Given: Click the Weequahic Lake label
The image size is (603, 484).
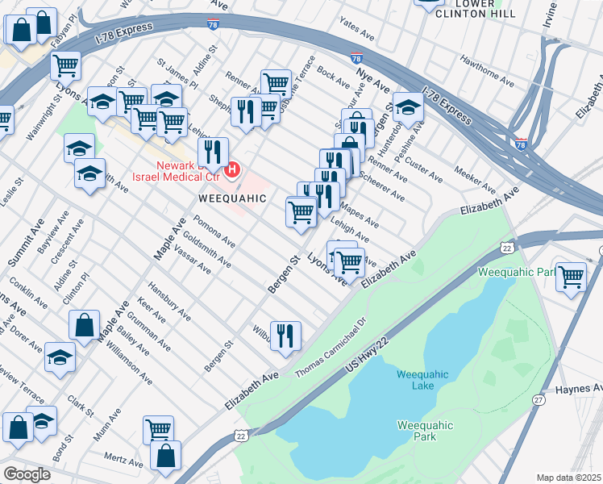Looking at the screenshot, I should tap(415, 379).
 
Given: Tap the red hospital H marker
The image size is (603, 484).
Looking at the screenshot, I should tap(233, 169).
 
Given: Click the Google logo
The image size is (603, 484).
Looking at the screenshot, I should tap(27, 474).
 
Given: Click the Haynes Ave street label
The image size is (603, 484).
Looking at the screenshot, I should tap(579, 390).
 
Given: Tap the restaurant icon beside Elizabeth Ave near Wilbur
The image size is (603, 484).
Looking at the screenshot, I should tap(285, 336).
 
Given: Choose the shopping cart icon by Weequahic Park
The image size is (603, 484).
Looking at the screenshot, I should tap(571, 277).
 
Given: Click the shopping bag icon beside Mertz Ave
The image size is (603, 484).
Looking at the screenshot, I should tap(165, 455).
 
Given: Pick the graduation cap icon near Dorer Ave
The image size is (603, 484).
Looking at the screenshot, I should tap(60, 358).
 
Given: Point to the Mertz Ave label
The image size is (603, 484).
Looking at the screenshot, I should tap(123, 459).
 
